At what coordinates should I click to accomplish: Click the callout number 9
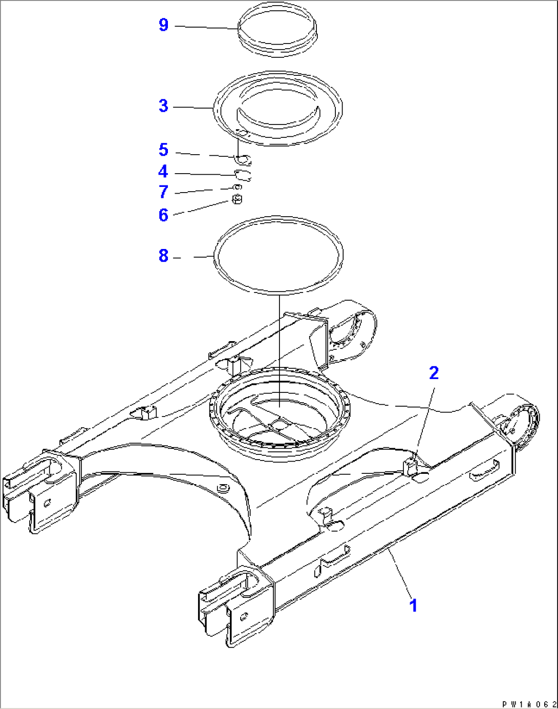click(x=163, y=25)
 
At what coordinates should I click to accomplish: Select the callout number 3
click(x=163, y=106)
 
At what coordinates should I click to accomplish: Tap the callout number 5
click(x=163, y=150)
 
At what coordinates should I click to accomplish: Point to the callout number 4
click(x=163, y=171)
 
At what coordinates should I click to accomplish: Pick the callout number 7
click(x=163, y=192)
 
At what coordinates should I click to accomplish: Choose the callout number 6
click(x=163, y=215)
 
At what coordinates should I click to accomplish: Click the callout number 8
click(x=163, y=256)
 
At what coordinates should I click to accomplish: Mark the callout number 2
click(x=434, y=373)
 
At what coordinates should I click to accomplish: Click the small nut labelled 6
click(x=237, y=199)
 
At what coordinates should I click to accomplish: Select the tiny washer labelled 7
click(x=237, y=187)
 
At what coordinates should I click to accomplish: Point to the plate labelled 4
click(x=243, y=175)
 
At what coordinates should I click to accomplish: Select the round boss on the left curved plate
click(x=223, y=487)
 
